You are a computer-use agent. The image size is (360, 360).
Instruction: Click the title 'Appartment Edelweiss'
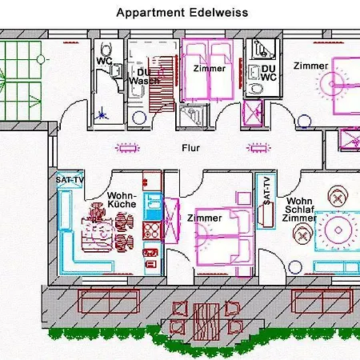point(182,13)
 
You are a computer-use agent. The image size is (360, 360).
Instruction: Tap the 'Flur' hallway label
point(190,148)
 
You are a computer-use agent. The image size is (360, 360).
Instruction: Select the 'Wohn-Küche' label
point(122,200)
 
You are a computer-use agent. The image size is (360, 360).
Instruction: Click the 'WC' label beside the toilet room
point(104,61)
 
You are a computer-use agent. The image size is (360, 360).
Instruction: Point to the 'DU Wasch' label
point(144,77)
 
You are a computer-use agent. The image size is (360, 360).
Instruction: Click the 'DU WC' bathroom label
point(269,73)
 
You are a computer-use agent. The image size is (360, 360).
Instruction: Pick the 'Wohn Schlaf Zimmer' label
point(299,210)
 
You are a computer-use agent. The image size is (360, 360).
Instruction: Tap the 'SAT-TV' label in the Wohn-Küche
point(70,180)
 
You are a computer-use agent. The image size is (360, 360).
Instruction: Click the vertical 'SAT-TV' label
point(267,190)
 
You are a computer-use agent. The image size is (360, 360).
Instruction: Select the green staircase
point(21,80)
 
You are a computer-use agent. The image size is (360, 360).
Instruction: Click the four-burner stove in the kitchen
point(152,230)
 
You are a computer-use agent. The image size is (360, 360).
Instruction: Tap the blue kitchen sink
point(153,206)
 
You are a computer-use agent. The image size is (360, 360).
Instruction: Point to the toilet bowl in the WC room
point(106,49)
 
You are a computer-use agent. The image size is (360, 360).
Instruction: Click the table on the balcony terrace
point(206,322)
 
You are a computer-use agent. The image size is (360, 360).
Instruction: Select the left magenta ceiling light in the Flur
point(127,148)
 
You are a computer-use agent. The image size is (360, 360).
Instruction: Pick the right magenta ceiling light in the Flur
point(258,148)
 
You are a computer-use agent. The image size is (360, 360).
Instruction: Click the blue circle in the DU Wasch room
point(139,118)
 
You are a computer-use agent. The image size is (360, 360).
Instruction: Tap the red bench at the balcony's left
point(110,302)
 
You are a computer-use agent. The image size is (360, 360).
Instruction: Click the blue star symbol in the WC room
point(102,114)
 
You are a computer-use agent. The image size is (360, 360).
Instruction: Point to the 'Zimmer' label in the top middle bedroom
point(210,69)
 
